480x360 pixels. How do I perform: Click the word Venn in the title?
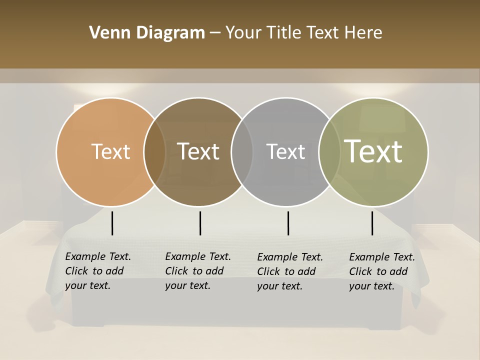pos(106,33)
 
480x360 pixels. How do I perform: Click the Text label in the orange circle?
pos(110,151)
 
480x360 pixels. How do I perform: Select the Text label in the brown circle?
pos(198,151)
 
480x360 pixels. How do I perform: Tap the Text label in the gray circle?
pos(285,151)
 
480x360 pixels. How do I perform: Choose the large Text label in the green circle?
pos(373,151)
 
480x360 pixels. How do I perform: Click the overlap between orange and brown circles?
pos(154,152)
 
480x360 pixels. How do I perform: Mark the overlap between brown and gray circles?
pos(242,152)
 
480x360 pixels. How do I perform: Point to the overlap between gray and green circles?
pos(329,152)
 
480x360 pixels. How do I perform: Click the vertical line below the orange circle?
pos(112,223)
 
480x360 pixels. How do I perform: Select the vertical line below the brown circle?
pos(200,223)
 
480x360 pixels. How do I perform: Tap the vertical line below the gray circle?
pos(288,223)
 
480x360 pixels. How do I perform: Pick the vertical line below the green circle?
pos(372,223)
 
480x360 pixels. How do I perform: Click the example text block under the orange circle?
pos(97,271)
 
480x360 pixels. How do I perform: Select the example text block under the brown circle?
pos(197,271)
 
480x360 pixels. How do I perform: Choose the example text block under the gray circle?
pos(289,271)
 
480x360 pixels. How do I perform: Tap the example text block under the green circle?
pos(381,271)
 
